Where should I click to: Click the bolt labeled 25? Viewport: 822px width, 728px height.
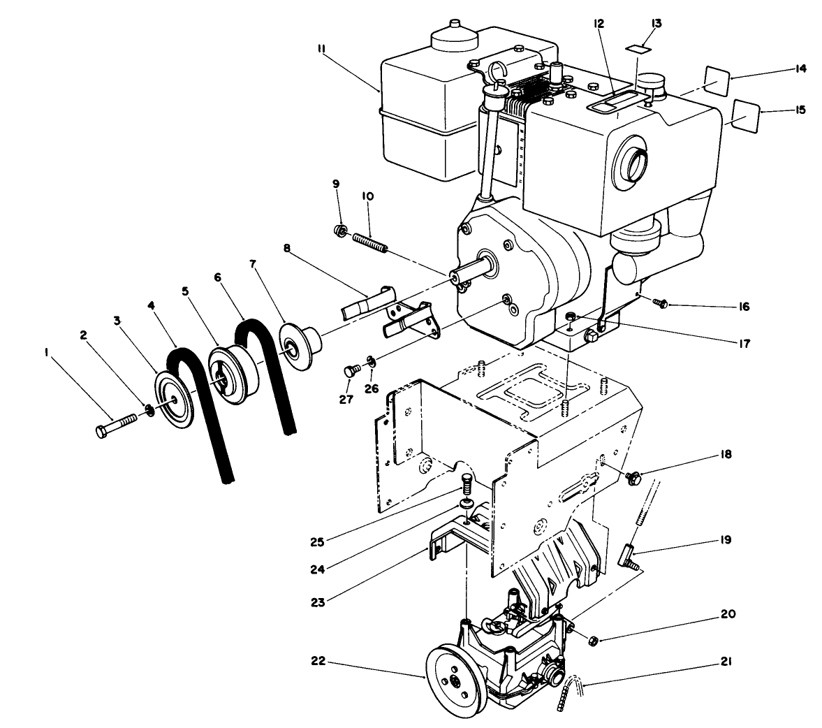pos(469,483)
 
